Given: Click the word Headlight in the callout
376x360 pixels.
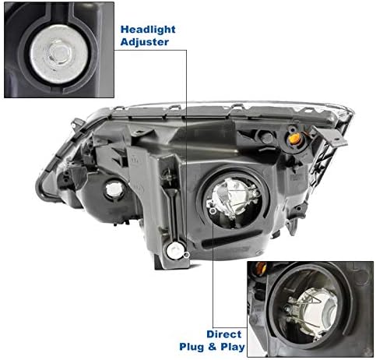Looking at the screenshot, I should (x=147, y=29).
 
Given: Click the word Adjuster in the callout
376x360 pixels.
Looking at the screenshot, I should (x=144, y=42).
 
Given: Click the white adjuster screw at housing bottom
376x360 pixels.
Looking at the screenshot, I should (x=177, y=251).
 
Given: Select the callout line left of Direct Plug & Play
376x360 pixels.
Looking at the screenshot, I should (x=210, y=296).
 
